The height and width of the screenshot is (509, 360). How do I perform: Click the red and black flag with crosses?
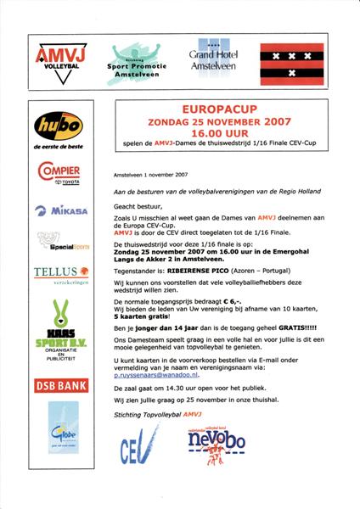[294, 62]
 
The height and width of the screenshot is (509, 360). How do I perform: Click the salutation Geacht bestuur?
[138, 205]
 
